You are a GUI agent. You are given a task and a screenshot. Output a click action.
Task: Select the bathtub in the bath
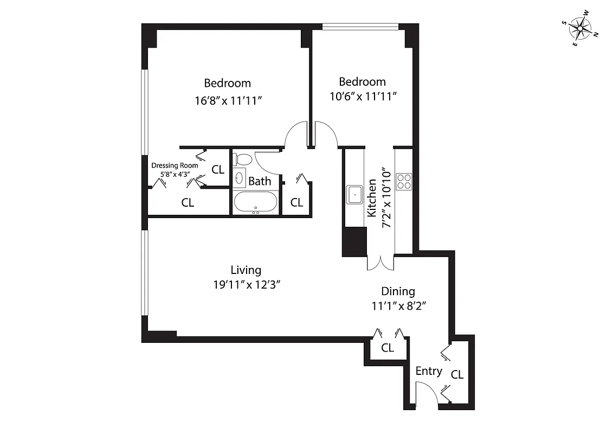255,203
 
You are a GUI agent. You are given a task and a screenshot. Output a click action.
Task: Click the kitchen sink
355,194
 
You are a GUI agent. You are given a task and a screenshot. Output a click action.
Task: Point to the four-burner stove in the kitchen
404,181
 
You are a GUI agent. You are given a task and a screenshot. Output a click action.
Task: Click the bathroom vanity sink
239,178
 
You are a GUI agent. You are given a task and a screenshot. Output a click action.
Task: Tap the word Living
246,270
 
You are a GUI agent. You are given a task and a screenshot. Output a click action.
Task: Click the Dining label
397,291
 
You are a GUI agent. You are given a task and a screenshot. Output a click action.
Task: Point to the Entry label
429,372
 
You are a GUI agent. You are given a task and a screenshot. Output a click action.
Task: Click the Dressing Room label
175,166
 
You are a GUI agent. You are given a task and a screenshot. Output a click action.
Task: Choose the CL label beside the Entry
457,374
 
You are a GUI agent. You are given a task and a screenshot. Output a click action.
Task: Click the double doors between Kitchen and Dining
382,262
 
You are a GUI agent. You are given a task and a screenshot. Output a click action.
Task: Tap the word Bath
260,181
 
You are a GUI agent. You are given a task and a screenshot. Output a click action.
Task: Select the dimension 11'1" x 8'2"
397,306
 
